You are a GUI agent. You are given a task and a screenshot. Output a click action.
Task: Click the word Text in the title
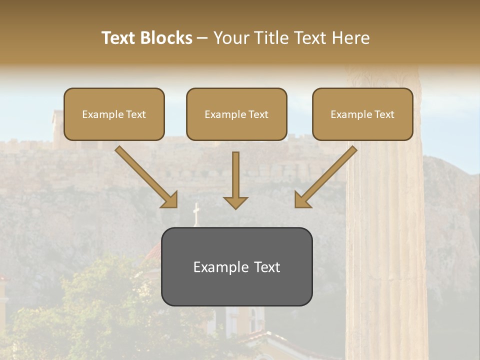point(118,38)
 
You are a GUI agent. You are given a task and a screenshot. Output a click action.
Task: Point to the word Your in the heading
point(230,38)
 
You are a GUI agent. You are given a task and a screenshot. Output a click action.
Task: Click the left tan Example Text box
point(114,114)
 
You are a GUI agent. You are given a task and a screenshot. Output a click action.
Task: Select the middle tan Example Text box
point(236,114)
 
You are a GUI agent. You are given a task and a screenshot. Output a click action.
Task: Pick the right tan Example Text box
point(362,114)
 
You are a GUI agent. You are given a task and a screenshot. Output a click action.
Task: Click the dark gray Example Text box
point(236,266)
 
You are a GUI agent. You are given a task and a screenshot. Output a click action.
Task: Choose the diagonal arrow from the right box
point(326,176)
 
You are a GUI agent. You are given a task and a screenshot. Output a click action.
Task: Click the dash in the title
point(202,38)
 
